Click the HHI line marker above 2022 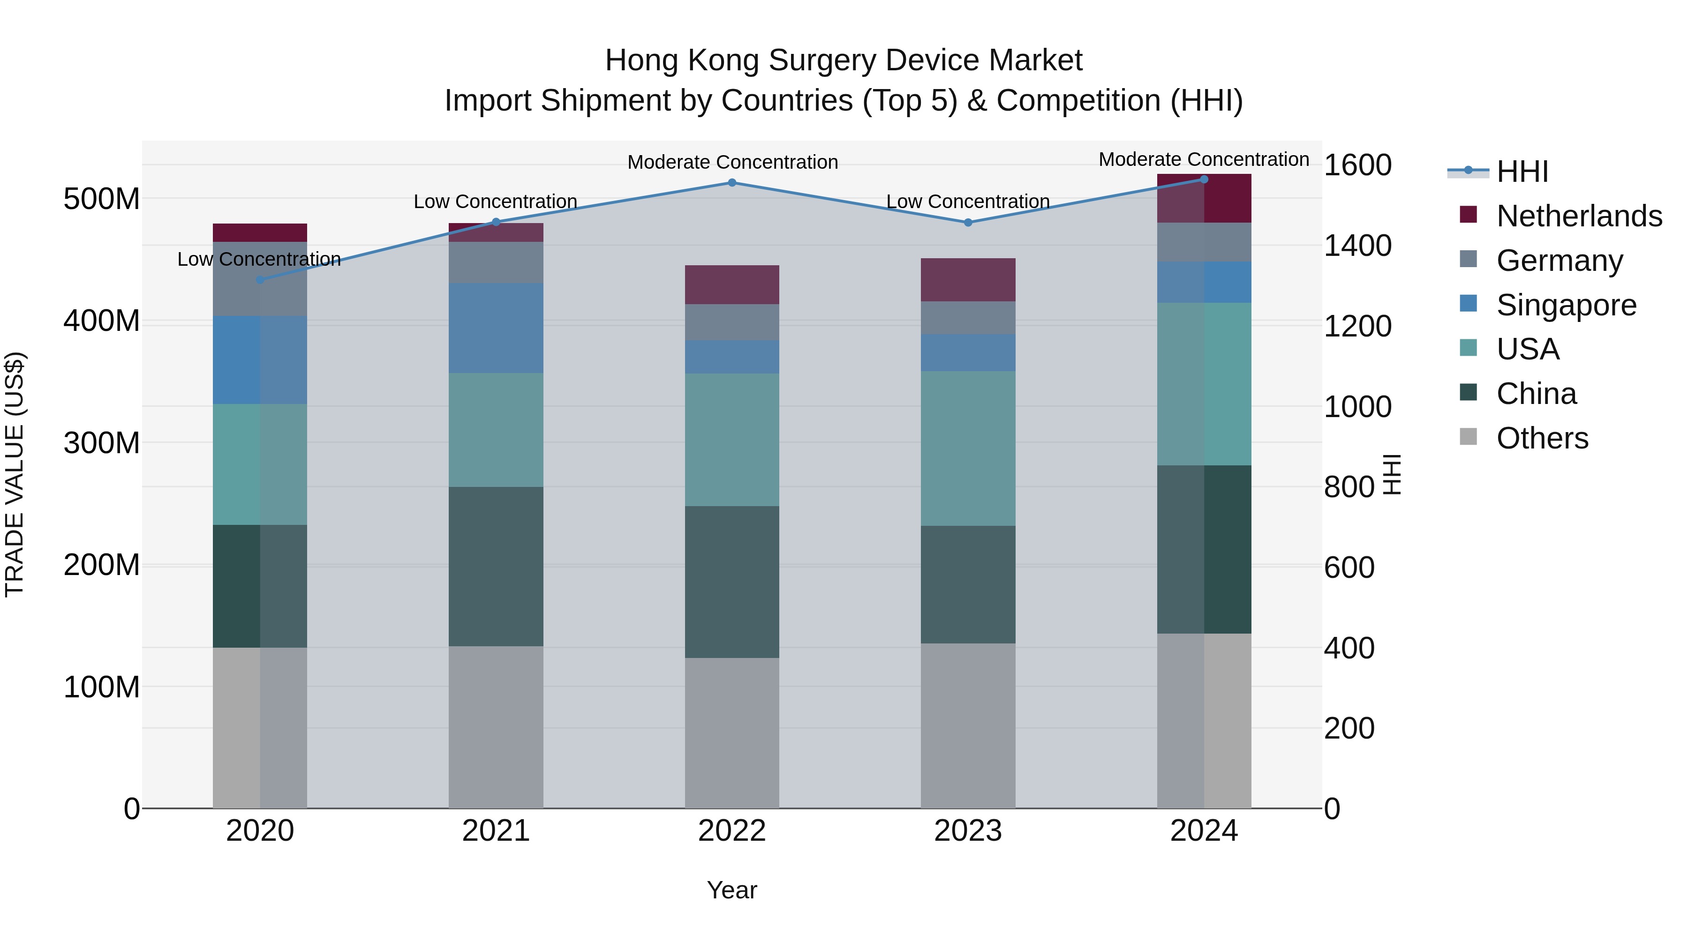pyautogui.click(x=732, y=183)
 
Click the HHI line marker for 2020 pyautogui.click(x=260, y=280)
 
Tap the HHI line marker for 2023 pyautogui.click(x=968, y=223)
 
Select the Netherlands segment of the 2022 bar pyautogui.click(x=732, y=285)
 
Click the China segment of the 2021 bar pyautogui.click(x=496, y=567)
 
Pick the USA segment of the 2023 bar pyautogui.click(x=968, y=448)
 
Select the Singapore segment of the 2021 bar pyautogui.click(x=496, y=328)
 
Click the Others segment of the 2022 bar pyautogui.click(x=732, y=733)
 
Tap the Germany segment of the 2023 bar pyautogui.click(x=968, y=318)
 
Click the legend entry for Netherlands pyautogui.click(x=1579, y=216)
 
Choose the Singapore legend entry pyautogui.click(x=1566, y=305)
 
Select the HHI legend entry pyautogui.click(x=1522, y=172)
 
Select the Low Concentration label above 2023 pyautogui.click(x=968, y=202)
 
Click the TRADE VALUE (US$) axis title pyautogui.click(x=15, y=474)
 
